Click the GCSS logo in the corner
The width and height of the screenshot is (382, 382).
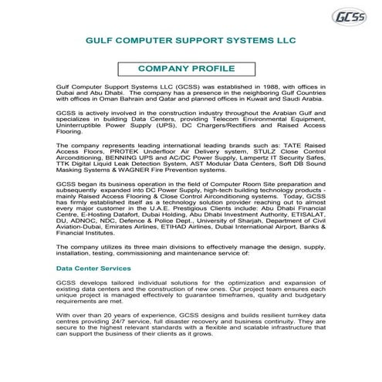(349, 17)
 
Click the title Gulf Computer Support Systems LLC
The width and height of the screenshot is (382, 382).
(191, 44)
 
